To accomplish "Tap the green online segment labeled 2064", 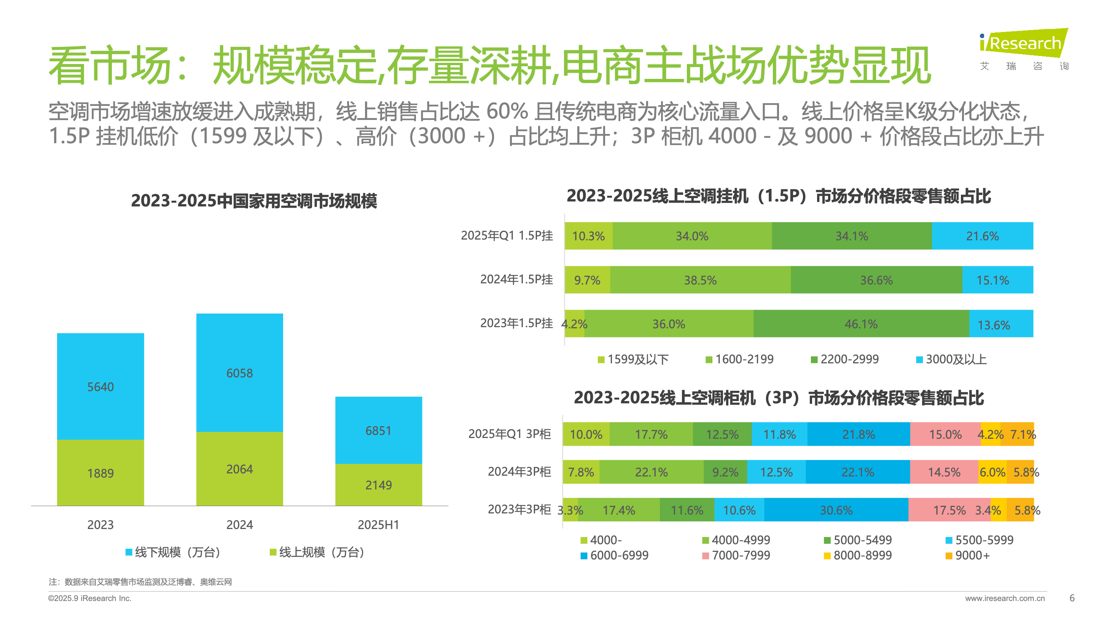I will (239, 468).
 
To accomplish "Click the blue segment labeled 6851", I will (378, 430).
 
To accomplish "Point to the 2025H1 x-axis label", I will (378, 524).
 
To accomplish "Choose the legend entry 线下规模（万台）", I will (173, 552).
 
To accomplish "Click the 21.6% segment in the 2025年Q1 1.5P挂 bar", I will (982, 236).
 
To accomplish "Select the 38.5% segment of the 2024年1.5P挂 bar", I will (700, 280).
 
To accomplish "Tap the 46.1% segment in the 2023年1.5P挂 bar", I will (861, 324).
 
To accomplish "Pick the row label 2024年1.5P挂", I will (516, 279).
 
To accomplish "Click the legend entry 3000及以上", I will (951, 360).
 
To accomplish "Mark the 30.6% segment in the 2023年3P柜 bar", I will (836, 510).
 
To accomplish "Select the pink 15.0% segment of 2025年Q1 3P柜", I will (945, 434).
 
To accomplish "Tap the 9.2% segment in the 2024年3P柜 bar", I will (725, 472).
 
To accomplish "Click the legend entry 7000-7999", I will (736, 555).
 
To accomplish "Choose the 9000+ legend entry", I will (968, 555).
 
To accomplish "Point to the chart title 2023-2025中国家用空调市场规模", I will (253, 201).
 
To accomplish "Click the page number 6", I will (1072, 598).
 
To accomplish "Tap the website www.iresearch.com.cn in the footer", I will (1005, 598).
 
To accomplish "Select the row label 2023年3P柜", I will (519, 509).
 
